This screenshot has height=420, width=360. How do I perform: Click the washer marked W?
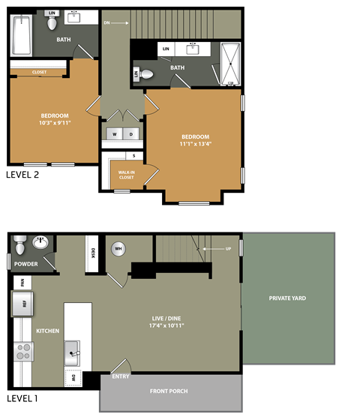click(115, 134)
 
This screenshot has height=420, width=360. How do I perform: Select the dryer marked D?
click(130, 134)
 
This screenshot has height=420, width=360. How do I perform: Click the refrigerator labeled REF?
click(20, 304)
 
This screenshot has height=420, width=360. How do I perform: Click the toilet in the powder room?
click(21, 244)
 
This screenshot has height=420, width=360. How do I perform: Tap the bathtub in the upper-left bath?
click(19, 35)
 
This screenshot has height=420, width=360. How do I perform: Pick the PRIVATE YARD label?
click(287, 298)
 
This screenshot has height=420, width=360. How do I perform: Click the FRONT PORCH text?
click(169, 391)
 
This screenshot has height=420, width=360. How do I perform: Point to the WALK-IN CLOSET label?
click(126, 175)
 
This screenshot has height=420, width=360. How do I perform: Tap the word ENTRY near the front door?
click(121, 376)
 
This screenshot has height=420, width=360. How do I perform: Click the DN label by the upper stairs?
click(106, 23)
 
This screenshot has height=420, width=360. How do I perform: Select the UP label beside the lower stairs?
click(228, 248)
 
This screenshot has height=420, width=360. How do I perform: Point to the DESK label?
click(94, 253)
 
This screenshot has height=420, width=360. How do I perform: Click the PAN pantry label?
click(23, 283)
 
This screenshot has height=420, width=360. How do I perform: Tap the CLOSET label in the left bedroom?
click(40, 72)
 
